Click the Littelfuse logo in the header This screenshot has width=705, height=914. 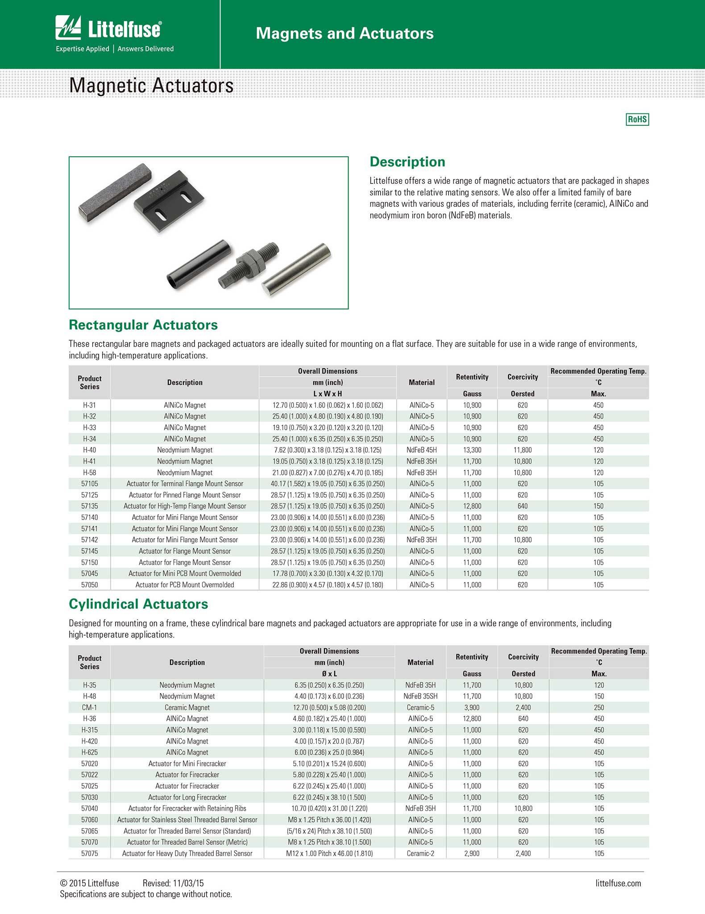[108, 29]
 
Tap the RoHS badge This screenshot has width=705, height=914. [637, 119]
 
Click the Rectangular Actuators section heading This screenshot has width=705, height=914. [143, 325]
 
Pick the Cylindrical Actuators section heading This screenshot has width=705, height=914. [138, 604]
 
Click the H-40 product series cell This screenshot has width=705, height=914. [89, 450]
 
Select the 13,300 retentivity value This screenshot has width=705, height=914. [472, 450]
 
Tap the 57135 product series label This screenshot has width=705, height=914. [89, 506]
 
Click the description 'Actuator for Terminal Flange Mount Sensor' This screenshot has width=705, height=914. [185, 484]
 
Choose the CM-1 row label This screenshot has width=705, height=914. [89, 707]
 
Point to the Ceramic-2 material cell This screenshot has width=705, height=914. [420, 853]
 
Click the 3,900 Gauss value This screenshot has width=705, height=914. [472, 707]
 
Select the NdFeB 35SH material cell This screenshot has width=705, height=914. [420, 696]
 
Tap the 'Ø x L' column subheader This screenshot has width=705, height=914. [329, 674]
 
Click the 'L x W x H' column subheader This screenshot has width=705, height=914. [328, 394]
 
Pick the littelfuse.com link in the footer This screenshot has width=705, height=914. [618, 883]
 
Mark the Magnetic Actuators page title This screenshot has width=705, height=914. [151, 85]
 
